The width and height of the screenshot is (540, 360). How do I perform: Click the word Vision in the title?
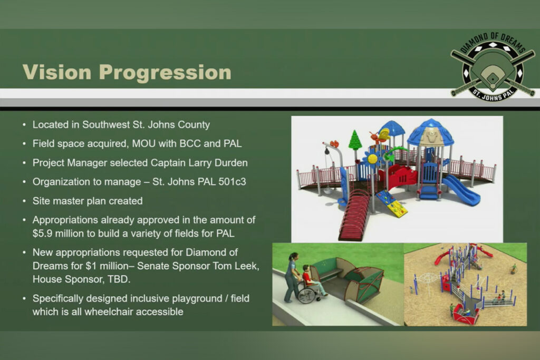coord(57,72)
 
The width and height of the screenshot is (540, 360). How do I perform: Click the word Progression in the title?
coord(165,73)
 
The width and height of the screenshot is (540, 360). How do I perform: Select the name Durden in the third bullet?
coord(231,162)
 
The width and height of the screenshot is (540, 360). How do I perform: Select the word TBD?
coord(119,279)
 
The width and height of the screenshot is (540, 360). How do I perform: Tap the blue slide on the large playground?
coord(461,190)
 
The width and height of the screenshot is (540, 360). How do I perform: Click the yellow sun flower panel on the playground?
coord(372,159)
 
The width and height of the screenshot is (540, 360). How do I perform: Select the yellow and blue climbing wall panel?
coord(392,204)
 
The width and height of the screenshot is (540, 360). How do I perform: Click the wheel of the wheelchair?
coord(306,295)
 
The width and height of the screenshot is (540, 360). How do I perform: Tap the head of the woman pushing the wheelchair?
coord(293,257)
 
